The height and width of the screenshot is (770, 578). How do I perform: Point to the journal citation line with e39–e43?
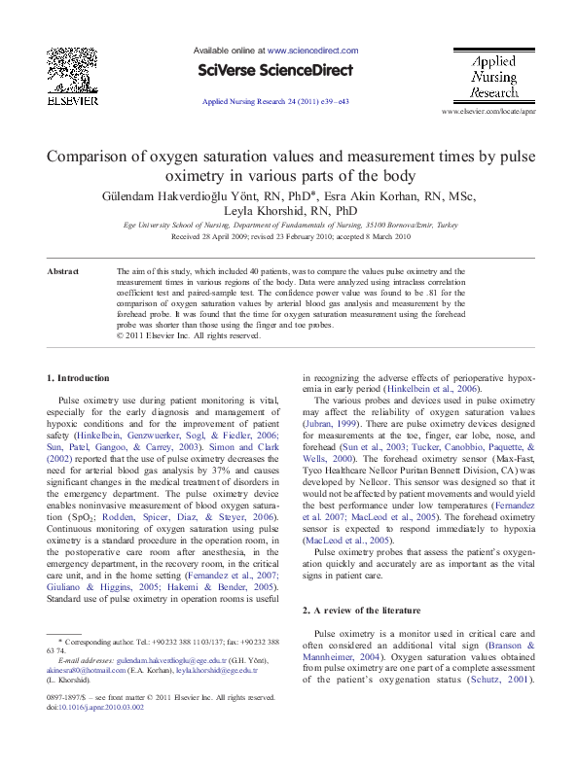click(275, 101)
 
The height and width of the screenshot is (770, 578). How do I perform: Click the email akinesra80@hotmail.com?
click(85, 670)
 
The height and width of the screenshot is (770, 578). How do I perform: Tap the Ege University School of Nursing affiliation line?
click(289, 225)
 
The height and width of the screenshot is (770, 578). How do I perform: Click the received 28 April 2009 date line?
click(289, 236)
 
